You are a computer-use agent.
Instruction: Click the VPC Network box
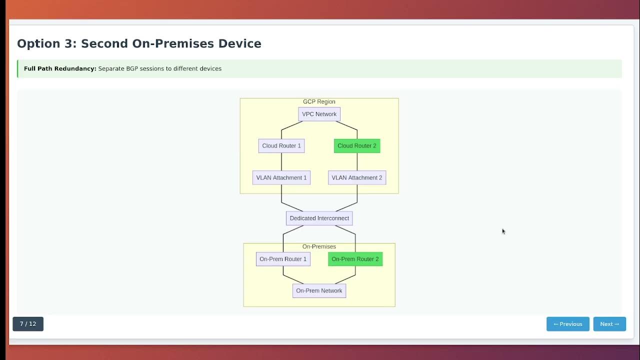coord(319,114)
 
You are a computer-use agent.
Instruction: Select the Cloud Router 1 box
coord(281,146)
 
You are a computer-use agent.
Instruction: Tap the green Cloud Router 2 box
coord(357,146)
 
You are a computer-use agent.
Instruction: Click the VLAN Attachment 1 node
coord(281,177)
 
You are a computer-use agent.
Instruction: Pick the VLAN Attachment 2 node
coord(357,177)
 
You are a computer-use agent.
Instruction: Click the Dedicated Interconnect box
coord(319,218)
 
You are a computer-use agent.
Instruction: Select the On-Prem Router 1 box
coord(283,259)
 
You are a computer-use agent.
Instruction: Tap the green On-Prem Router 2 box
coord(355,259)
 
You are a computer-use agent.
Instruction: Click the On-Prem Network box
coord(319,290)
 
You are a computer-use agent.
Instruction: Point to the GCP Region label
coord(319,101)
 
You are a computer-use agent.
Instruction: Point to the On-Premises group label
coord(319,246)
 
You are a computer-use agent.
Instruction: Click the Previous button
coord(567,324)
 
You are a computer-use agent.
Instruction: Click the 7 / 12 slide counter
coord(28,324)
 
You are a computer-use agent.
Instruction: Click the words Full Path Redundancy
coord(60,68)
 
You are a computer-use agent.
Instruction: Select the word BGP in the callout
coord(131,68)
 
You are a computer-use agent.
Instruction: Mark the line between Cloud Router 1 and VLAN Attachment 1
coord(281,162)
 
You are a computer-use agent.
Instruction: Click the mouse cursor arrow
coord(503,231)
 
